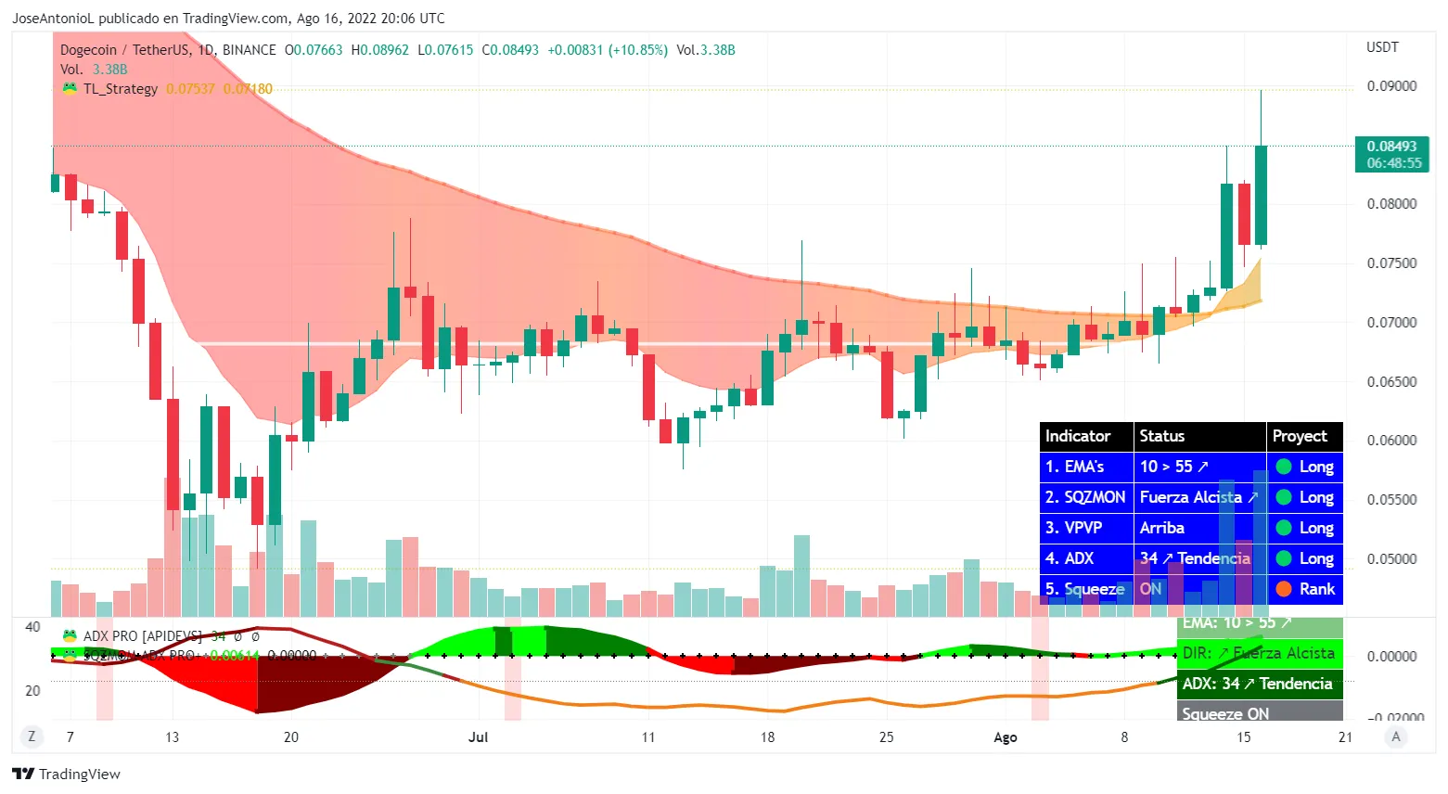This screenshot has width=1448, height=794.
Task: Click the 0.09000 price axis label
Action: pyautogui.click(x=1391, y=86)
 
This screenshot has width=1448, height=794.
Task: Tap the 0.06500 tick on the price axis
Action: pyautogui.click(x=1391, y=381)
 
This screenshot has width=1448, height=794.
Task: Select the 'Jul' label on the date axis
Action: pyautogui.click(x=479, y=737)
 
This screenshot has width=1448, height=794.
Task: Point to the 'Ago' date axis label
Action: pyautogui.click(x=1006, y=737)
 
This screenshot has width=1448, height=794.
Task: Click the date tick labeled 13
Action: pyautogui.click(x=172, y=737)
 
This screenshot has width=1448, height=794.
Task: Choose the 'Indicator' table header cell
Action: pyautogui.click(x=1078, y=436)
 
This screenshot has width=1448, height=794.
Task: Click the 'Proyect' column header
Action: pyautogui.click(x=1300, y=436)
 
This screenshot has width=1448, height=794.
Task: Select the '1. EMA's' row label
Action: pyautogui.click(x=1075, y=467)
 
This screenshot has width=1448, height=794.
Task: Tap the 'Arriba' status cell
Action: pyautogui.click(x=1162, y=528)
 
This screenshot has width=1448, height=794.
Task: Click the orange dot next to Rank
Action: pyautogui.click(x=1284, y=589)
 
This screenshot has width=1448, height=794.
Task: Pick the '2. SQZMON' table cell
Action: pyautogui.click(x=1085, y=497)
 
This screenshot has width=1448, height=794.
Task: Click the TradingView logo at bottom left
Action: pyautogui.click(x=67, y=775)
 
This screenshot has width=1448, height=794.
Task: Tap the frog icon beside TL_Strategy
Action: pyautogui.click(x=70, y=89)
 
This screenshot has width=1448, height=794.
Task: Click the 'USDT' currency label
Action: pyautogui.click(x=1382, y=47)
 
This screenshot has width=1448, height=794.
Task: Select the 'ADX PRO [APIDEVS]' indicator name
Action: pyautogui.click(x=143, y=636)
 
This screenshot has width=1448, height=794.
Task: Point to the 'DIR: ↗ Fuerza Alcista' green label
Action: pyautogui.click(x=1259, y=653)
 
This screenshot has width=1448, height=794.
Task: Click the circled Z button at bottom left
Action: pyautogui.click(x=32, y=736)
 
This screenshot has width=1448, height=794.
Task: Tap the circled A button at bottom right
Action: pyautogui.click(x=1396, y=736)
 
